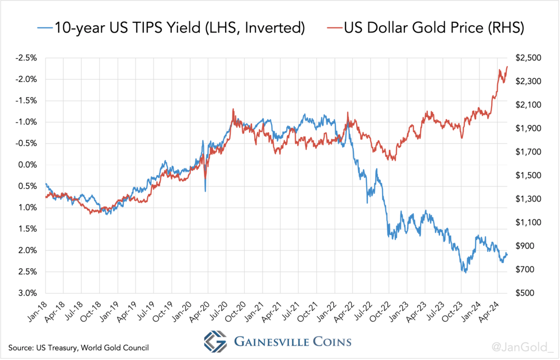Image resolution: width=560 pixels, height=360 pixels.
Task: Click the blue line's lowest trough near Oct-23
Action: (465, 272)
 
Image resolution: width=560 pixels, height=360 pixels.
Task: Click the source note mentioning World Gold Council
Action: (79, 348)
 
